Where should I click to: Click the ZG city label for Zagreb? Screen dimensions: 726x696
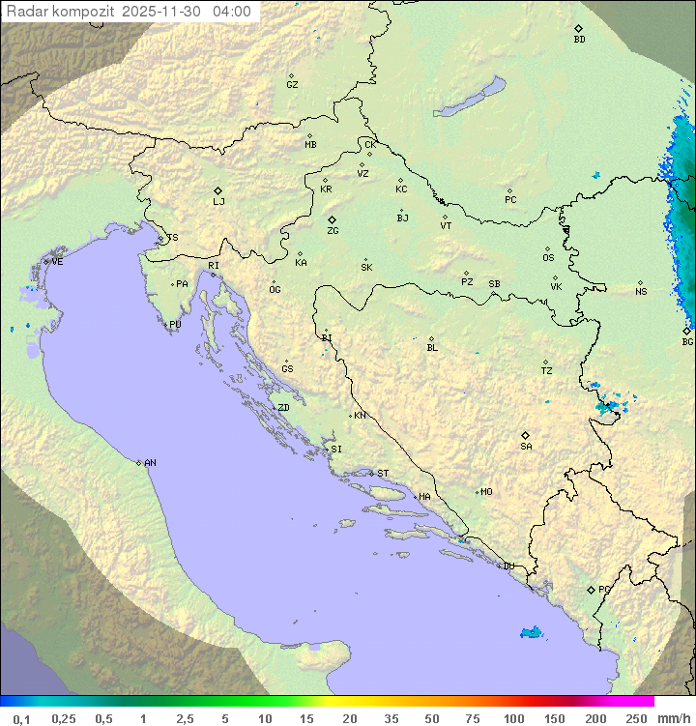[333, 232]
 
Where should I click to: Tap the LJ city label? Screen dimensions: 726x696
[218, 202]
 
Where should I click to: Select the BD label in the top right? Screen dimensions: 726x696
[579, 40]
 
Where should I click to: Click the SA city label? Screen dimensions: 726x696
[526, 447]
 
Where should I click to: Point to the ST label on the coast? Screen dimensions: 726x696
[383, 474]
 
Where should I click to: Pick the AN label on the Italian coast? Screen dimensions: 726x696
[150, 463]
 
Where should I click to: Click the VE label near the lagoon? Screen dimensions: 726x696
[57, 262]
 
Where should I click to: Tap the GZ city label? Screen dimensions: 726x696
[292, 85]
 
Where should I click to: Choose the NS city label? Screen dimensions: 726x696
[641, 292]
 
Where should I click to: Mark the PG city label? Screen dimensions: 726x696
[604, 589]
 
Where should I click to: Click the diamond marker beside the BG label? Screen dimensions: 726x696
[686, 331]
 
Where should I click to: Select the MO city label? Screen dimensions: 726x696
[486, 492]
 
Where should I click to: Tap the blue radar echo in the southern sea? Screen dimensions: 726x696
[531, 633]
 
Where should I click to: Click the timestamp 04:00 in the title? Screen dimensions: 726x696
[231, 13]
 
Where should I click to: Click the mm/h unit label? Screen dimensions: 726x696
[675, 718]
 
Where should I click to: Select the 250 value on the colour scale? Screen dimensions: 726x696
[635, 718]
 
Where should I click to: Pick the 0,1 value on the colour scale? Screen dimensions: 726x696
[21, 718]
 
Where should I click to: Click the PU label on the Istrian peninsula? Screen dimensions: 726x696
[175, 325]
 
